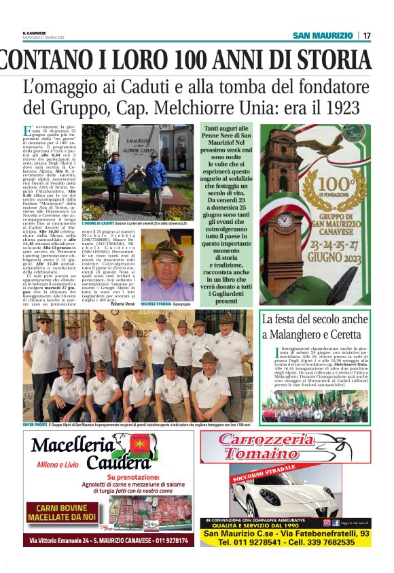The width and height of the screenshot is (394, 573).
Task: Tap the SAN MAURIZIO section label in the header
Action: [323, 35]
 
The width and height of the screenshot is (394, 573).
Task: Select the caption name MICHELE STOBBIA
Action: [156, 303]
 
